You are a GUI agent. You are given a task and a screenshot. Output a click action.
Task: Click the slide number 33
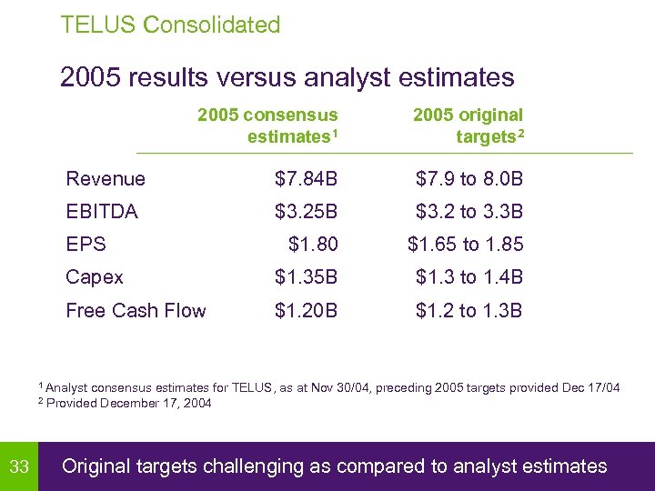(19, 467)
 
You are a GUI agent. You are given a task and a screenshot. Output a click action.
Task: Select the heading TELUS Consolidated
(170, 25)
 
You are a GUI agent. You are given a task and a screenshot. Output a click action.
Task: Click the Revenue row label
(106, 179)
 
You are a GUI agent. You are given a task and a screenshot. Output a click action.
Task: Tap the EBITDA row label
(102, 212)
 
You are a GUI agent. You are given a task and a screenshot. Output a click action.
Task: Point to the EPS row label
(86, 245)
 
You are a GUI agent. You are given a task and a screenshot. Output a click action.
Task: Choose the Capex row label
(95, 277)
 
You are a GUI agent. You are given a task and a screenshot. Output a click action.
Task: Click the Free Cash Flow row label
(136, 310)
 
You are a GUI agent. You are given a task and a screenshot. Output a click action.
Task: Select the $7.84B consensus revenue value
(306, 179)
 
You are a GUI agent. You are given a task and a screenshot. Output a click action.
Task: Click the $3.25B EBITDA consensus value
(306, 212)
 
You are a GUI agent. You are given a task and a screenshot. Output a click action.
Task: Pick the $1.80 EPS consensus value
(313, 245)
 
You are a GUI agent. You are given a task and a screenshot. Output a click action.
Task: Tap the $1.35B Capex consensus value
(306, 277)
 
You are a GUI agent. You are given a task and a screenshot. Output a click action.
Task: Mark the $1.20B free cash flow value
(306, 310)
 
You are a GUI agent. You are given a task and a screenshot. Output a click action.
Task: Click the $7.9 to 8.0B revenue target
(469, 179)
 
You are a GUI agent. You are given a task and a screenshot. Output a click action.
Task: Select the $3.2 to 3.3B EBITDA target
(469, 212)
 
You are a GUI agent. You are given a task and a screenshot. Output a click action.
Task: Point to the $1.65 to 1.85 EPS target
(465, 245)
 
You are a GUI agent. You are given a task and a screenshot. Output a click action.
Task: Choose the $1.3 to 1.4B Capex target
(469, 277)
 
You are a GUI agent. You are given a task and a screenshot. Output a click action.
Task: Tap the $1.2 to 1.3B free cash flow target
(469, 310)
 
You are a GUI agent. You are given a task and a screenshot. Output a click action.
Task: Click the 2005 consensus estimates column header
(268, 125)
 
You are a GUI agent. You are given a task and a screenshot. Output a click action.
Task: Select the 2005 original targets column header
(468, 125)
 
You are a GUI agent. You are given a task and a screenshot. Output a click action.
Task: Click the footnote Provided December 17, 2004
(128, 404)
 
